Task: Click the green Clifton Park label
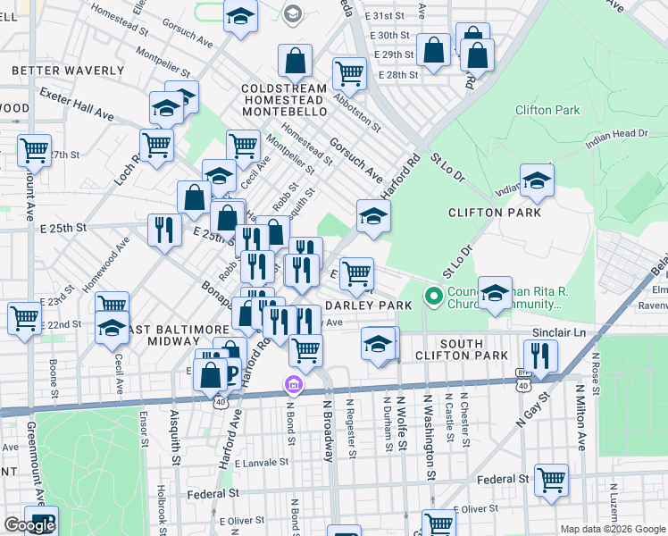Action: pos(547,111)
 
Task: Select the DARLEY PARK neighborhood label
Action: pos(374,305)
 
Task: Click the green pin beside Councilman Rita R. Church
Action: pos(434,295)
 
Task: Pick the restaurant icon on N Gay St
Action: pos(540,355)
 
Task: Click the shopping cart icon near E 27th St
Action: pos(35,150)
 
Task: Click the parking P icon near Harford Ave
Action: pos(230,373)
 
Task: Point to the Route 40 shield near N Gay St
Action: pos(523,381)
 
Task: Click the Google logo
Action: pos(29,525)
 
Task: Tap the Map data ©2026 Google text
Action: pos(612,529)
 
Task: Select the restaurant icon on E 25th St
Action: pos(163,230)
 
